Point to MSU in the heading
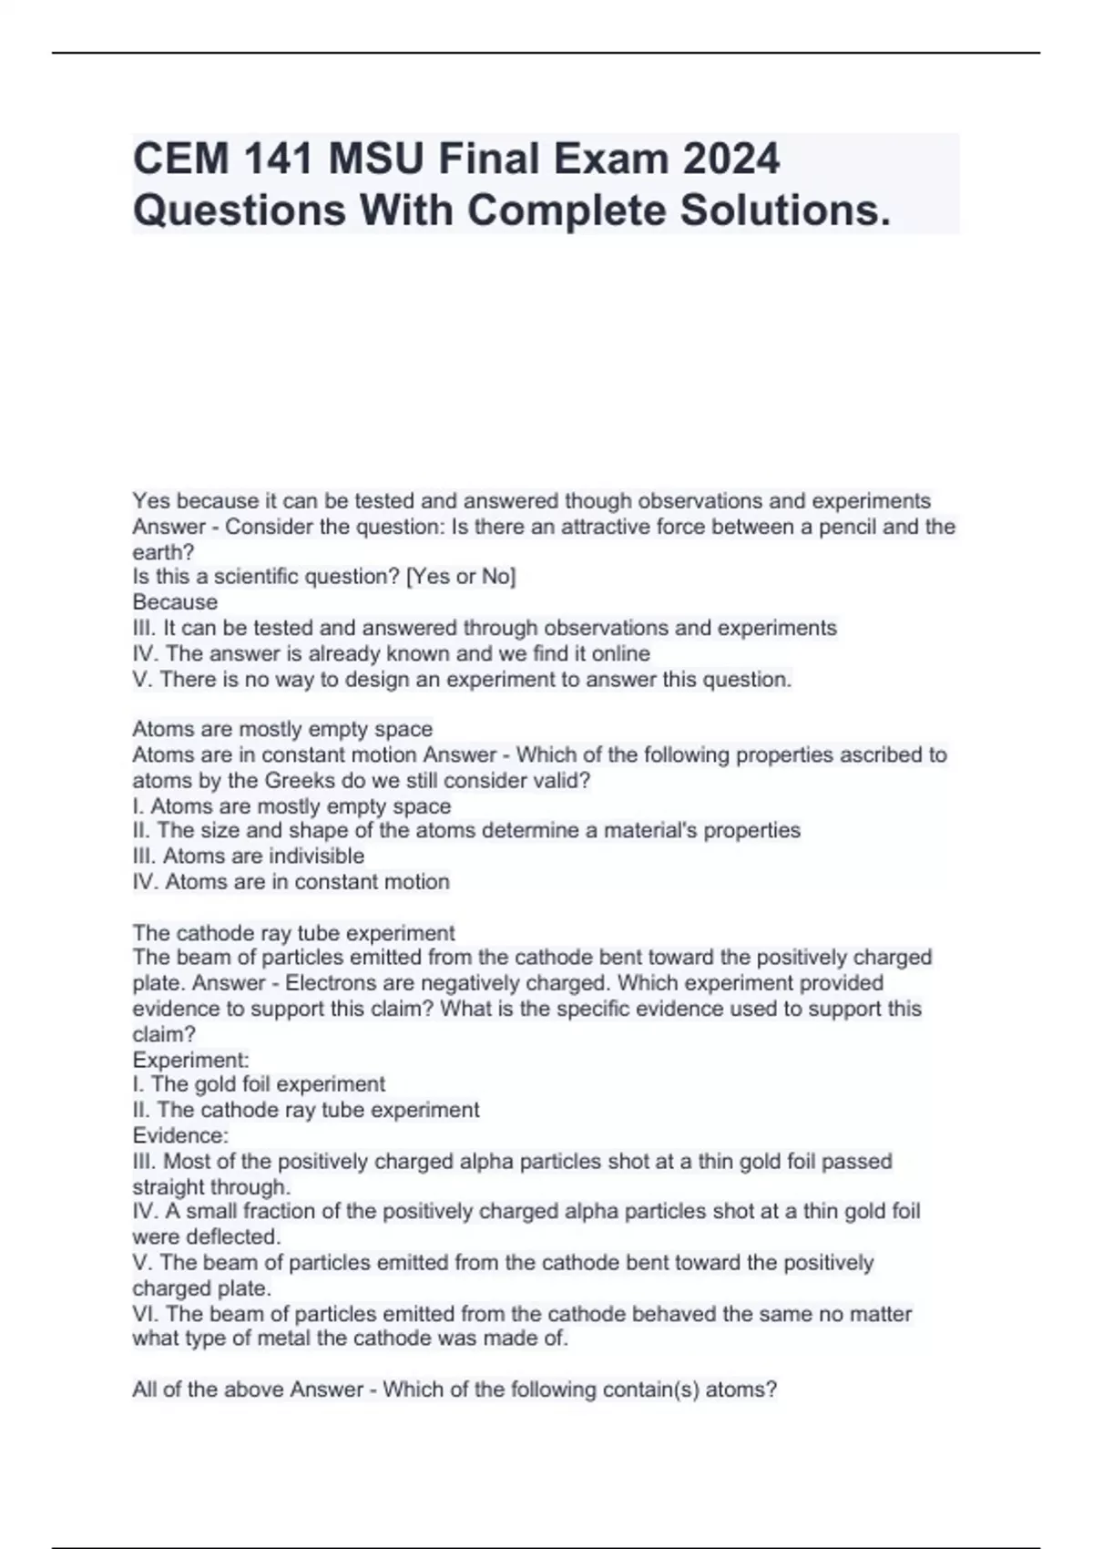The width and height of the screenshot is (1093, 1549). (375, 159)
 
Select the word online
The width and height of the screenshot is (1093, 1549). (620, 653)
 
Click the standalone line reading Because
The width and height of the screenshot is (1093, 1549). (175, 602)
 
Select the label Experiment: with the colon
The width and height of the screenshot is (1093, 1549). (190, 1061)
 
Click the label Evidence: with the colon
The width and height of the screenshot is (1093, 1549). (180, 1136)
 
